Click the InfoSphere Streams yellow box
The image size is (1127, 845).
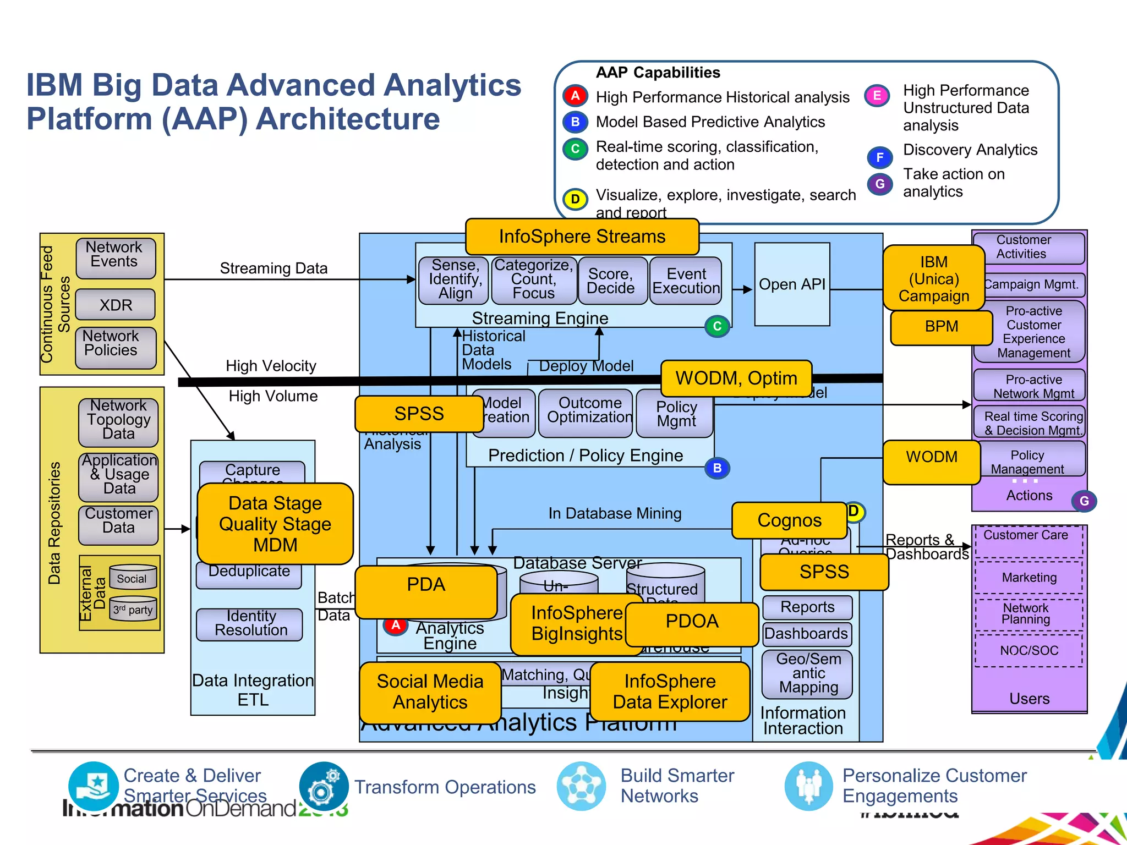[582, 237]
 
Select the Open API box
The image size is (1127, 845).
[792, 284]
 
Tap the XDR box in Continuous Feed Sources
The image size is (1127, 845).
[116, 305]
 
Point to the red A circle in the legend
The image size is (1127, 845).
[575, 96]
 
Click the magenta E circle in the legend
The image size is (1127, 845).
[877, 96]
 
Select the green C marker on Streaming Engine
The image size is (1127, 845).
[717, 326]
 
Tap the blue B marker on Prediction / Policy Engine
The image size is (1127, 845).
[717, 468]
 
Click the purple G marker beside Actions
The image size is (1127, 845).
[1084, 501]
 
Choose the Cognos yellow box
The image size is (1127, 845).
[789, 520]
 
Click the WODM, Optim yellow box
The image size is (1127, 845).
[736, 378]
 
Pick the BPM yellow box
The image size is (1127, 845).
[941, 327]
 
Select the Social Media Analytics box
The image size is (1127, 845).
[430, 692]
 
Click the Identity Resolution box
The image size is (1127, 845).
[250, 624]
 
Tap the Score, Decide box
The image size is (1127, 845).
[611, 281]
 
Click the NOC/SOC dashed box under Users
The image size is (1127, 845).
[1028, 651]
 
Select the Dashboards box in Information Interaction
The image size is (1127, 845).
[806, 634]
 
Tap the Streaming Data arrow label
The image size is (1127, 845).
[273, 268]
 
